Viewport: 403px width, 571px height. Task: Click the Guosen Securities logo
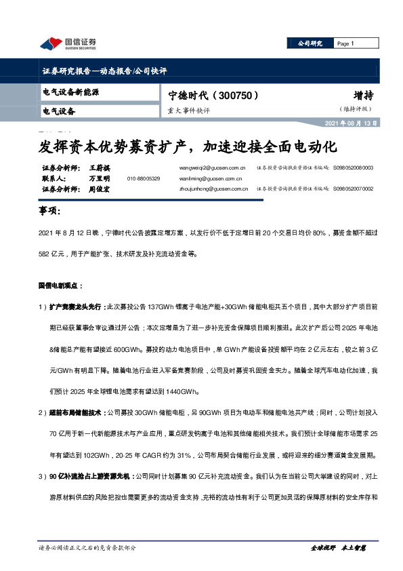click(68, 44)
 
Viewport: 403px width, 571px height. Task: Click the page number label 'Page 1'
click(345, 43)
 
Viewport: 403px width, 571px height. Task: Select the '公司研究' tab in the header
click(311, 43)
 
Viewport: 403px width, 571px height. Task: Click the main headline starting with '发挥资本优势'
click(186, 146)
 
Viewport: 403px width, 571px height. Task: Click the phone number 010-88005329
click(143, 178)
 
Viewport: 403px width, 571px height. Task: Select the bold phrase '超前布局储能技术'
click(77, 411)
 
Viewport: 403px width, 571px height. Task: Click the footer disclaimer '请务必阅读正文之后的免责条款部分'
click(88, 547)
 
